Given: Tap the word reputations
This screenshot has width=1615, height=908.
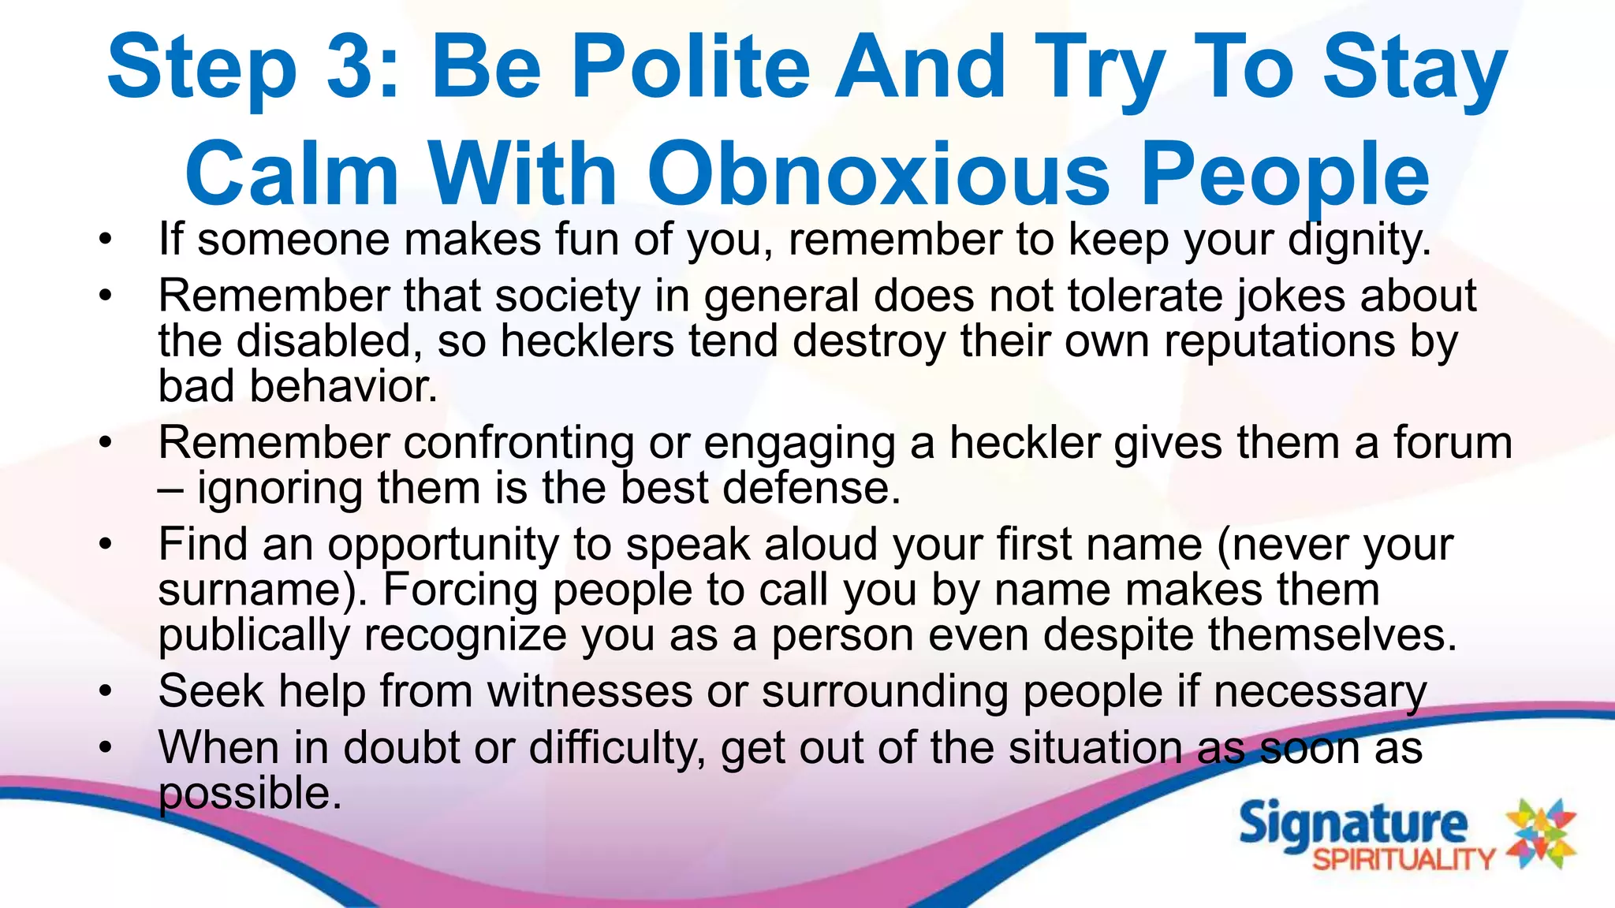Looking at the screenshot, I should pos(1280,341).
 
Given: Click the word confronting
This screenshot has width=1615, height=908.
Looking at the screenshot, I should pos(519,442).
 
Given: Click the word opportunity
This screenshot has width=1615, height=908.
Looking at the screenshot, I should pos(443,545).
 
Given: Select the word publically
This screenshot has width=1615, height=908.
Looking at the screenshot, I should pos(254,635).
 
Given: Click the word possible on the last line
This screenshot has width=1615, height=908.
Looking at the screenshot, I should pos(250,793).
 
